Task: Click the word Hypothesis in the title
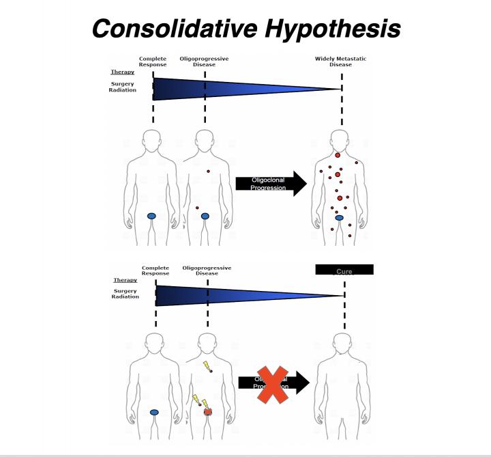pos(336,28)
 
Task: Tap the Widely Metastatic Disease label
pos(340,61)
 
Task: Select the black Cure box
pos(344,270)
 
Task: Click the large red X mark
pos(271,383)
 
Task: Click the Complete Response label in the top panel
pos(153,61)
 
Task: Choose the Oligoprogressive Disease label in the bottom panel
pos(207,271)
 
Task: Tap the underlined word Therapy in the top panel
pos(123,72)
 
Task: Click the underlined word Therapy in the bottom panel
pos(125,280)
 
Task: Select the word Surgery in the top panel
pos(122,84)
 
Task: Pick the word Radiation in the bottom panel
pos(125,297)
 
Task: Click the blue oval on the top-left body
pos(153,216)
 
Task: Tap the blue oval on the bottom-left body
pos(155,413)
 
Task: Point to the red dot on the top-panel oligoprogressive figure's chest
pos(208,171)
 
